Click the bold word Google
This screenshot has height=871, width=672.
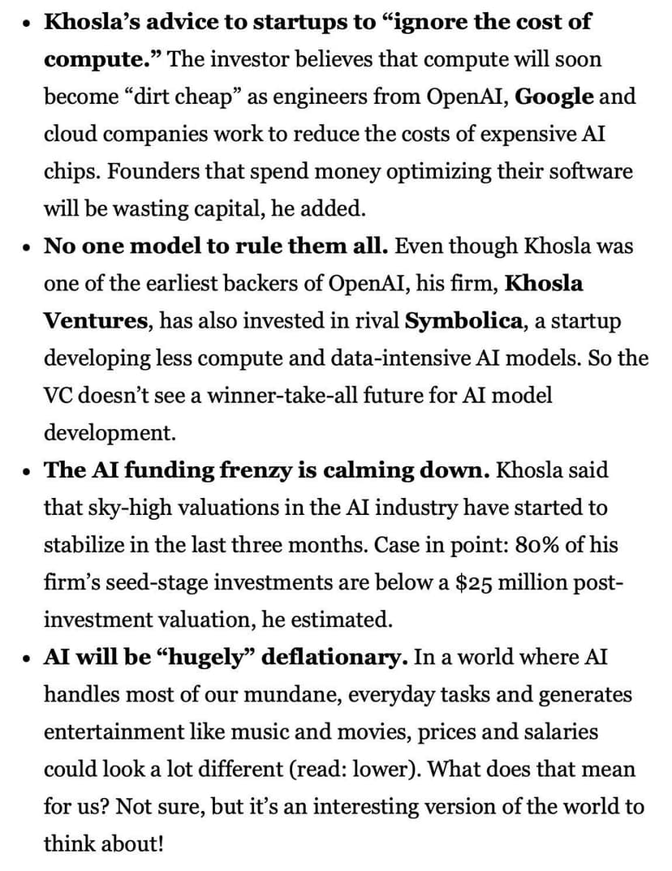click(554, 97)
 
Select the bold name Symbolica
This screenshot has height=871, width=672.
click(463, 321)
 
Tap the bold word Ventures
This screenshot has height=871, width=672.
click(96, 321)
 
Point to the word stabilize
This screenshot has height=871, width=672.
click(83, 545)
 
